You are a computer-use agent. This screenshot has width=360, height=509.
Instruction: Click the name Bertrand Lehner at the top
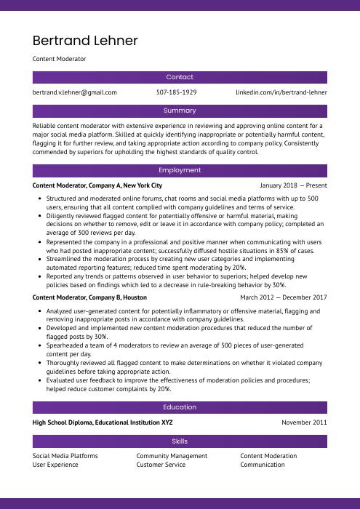[x=85, y=41]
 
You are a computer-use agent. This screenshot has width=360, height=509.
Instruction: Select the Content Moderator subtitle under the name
[x=59, y=59]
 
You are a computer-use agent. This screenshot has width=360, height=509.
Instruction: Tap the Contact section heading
[x=180, y=77]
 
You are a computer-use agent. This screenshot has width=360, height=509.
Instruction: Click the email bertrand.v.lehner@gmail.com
[x=75, y=93]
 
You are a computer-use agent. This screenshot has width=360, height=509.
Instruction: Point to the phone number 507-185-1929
[x=177, y=93]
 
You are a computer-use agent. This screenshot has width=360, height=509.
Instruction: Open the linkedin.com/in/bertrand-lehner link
[x=281, y=93]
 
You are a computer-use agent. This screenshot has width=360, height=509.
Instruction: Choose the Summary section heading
[x=180, y=111]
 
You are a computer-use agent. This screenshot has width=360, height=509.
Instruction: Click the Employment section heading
[x=180, y=170]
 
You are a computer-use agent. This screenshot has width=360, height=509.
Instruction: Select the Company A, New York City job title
[x=97, y=185]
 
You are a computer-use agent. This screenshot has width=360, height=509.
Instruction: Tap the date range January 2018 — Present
[x=293, y=185]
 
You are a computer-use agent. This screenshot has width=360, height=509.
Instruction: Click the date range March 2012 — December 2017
[x=284, y=297]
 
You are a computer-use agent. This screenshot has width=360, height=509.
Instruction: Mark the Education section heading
[x=180, y=407]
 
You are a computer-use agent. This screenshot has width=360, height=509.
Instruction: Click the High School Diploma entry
[x=103, y=422]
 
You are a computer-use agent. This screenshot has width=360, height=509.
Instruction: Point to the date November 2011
[x=304, y=422]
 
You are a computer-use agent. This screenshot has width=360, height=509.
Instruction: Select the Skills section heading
[x=180, y=441]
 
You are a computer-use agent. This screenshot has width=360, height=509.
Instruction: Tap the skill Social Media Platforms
[x=65, y=456]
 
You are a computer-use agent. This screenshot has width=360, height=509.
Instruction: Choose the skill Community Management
[x=172, y=456]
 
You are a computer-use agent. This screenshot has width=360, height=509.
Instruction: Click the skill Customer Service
[x=161, y=465]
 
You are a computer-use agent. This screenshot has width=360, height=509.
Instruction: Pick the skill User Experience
[x=55, y=465]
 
